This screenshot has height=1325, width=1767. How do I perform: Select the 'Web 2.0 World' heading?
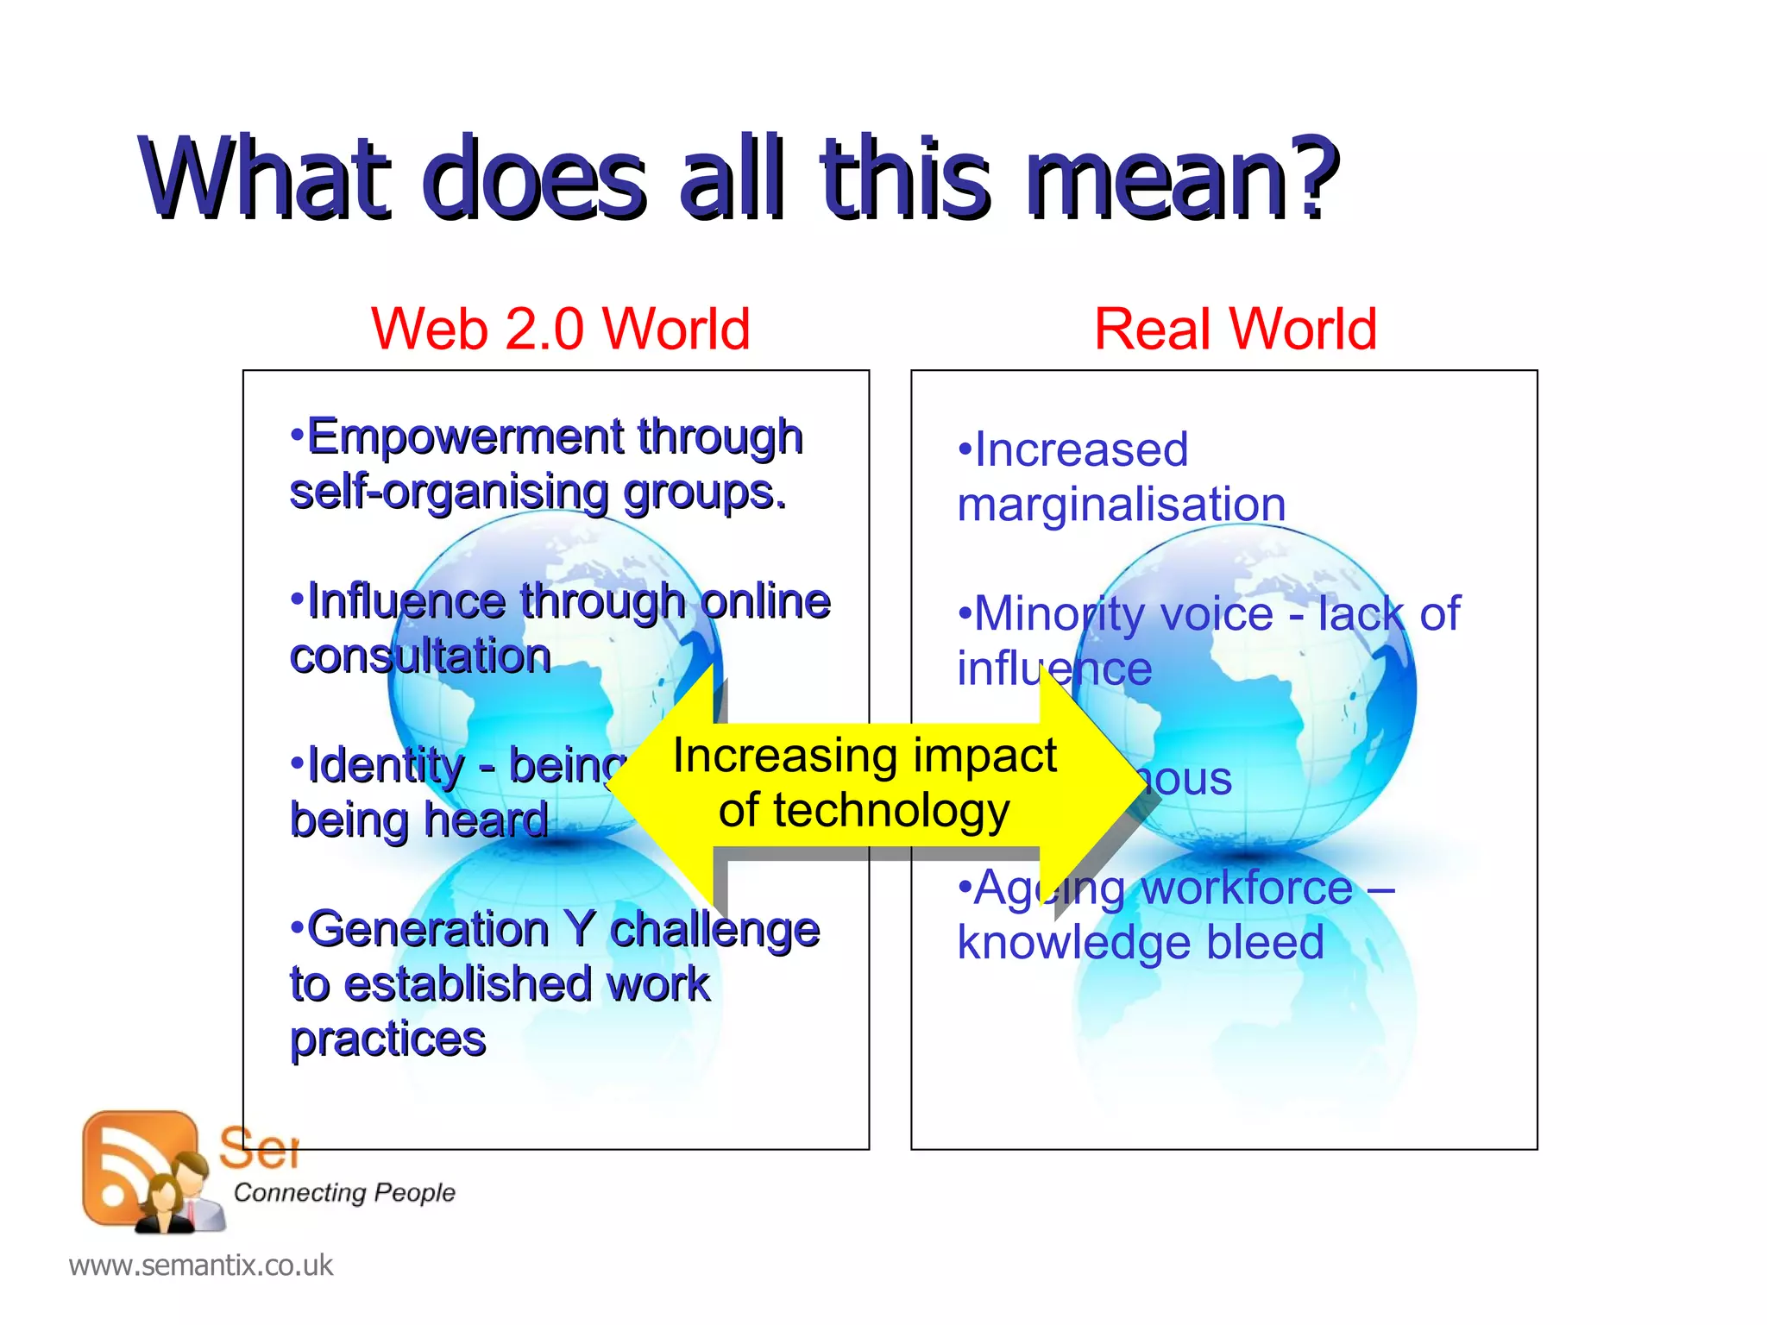[x=560, y=329]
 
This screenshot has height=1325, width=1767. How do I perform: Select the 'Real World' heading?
[x=1235, y=329]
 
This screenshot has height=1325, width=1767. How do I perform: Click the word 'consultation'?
[x=421, y=656]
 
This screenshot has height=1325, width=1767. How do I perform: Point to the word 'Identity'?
[x=386, y=764]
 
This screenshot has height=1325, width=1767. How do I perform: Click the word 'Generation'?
[x=429, y=929]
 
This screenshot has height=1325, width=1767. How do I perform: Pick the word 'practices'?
[x=387, y=1039]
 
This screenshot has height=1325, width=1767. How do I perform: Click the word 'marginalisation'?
[x=1122, y=504]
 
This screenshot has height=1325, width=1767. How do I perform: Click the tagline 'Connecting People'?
[x=344, y=1192]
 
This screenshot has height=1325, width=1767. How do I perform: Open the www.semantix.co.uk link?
[x=200, y=1265]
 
